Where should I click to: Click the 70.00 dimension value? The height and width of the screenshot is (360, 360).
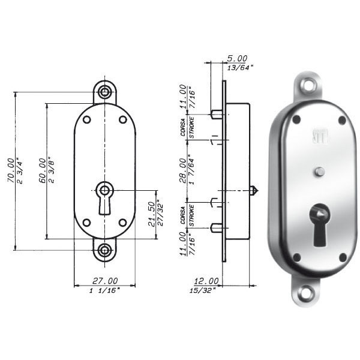(11, 170)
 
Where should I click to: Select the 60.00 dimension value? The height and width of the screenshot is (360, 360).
(42, 170)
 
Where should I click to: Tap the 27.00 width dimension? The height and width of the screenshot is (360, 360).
(105, 281)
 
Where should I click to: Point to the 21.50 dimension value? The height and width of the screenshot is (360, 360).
(152, 214)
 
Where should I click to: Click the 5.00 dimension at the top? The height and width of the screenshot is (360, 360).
(237, 58)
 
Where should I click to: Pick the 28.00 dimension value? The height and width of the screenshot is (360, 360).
(183, 170)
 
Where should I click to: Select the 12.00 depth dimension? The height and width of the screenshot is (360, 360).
(206, 281)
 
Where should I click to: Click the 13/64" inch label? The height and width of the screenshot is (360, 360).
(240, 67)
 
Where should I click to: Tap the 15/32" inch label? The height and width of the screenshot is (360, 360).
(202, 290)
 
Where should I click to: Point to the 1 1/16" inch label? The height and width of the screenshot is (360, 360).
(104, 290)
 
